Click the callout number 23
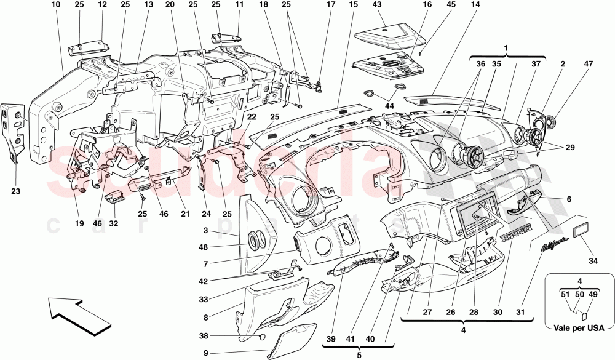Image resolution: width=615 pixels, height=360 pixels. tap(15, 191)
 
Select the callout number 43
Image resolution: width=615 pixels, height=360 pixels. tap(377, 5)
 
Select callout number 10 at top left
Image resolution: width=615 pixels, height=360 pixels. tap(56, 5)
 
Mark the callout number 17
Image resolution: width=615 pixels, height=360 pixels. tap(330, 5)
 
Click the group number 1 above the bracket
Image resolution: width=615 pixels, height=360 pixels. tap(506, 48)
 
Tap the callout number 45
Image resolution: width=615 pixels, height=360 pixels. tap(434, 5)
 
